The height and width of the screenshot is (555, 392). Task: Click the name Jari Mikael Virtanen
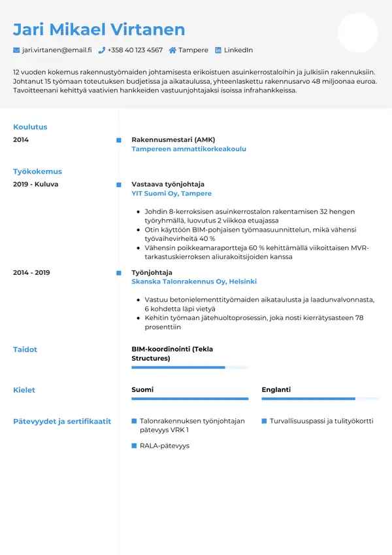pyautogui.click(x=99, y=29)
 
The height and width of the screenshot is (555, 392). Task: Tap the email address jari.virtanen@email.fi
pyautogui.click(x=57, y=50)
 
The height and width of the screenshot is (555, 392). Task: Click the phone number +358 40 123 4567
pyautogui.click(x=135, y=50)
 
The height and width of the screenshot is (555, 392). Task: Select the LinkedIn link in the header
pyautogui.click(x=238, y=50)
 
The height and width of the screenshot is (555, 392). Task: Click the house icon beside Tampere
pyautogui.click(x=172, y=50)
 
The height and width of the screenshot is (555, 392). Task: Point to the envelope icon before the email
pyautogui.click(x=16, y=50)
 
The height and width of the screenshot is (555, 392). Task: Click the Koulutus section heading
pyautogui.click(x=30, y=127)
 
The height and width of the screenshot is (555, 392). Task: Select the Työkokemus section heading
pyautogui.click(x=37, y=171)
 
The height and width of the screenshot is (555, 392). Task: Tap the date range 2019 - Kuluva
pyautogui.click(x=35, y=185)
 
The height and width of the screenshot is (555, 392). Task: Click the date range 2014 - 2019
pyautogui.click(x=31, y=272)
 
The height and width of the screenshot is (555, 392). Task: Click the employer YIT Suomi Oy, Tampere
pyautogui.click(x=171, y=194)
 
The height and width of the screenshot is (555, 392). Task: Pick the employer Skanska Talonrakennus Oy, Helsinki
pyautogui.click(x=194, y=281)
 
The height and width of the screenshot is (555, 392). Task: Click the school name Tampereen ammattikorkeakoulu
pyautogui.click(x=189, y=149)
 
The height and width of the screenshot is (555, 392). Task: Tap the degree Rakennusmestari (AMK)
pyautogui.click(x=173, y=140)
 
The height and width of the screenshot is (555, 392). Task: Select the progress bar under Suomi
pyautogui.click(x=189, y=399)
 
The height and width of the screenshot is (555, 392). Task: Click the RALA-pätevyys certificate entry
pyautogui.click(x=164, y=446)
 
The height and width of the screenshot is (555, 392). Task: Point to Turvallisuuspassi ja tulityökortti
pyautogui.click(x=321, y=421)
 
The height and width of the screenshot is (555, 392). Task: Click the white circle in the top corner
pyautogui.click(x=357, y=33)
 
